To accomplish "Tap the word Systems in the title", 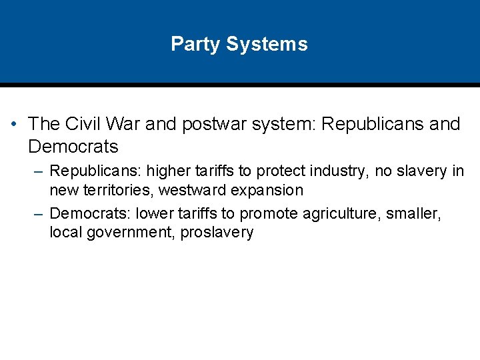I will click(x=267, y=45).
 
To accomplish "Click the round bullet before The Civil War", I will click(x=14, y=125).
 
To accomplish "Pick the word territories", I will click(x=103, y=190).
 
